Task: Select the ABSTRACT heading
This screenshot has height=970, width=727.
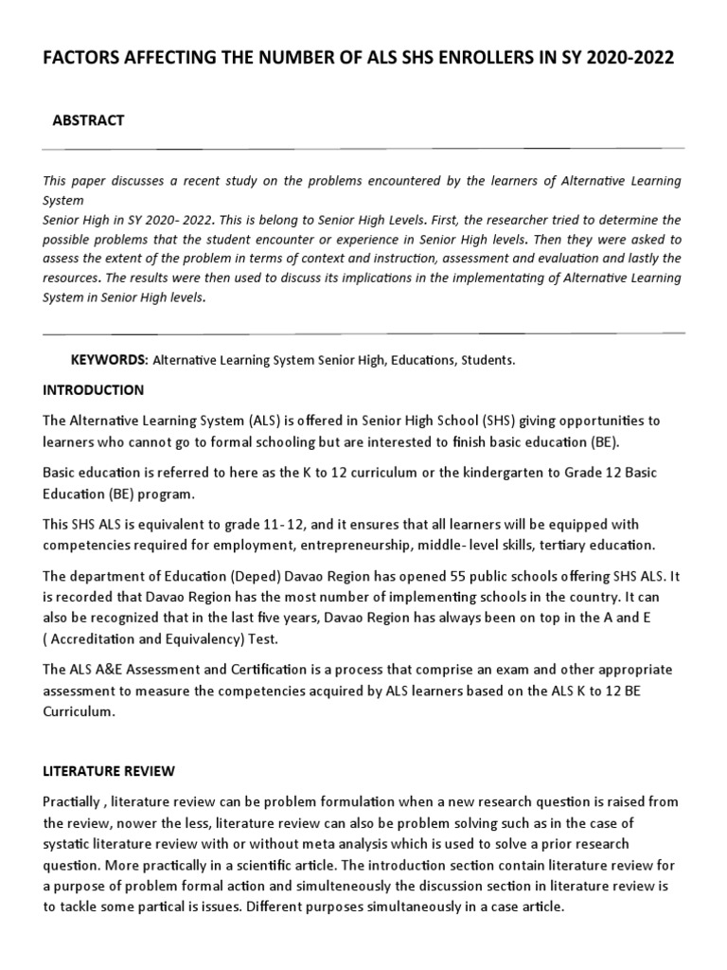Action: pos(90,119)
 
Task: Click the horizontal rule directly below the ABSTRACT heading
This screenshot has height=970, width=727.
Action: pos(363,149)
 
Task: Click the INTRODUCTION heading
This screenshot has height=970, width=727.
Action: pos(94,389)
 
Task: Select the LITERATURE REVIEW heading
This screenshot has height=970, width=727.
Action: pos(109,771)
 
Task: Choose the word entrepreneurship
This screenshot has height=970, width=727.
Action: pos(392,544)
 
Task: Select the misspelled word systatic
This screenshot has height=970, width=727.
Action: pos(70,843)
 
